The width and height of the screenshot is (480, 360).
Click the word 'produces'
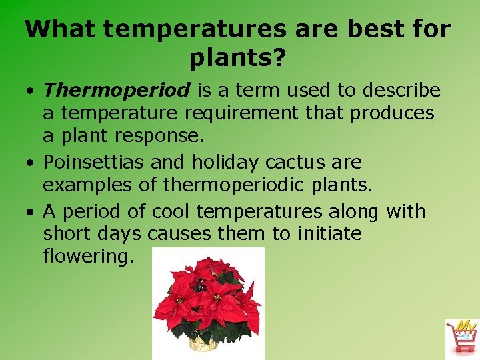click(393, 113)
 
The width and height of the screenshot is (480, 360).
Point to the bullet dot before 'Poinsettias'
click(33, 163)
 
